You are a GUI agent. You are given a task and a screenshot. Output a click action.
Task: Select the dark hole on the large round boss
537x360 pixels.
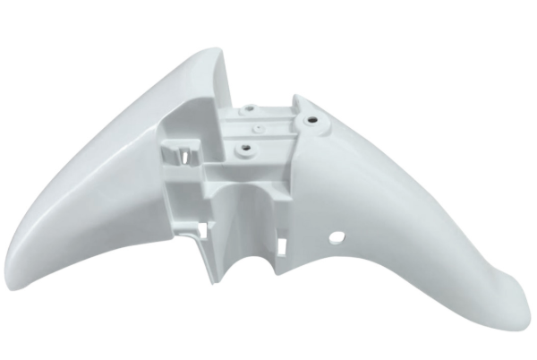(x=313, y=119)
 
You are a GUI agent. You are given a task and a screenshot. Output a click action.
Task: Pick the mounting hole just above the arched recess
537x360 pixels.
(x=240, y=141)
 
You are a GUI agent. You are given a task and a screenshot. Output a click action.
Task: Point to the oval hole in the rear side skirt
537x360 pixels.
(x=337, y=238)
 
